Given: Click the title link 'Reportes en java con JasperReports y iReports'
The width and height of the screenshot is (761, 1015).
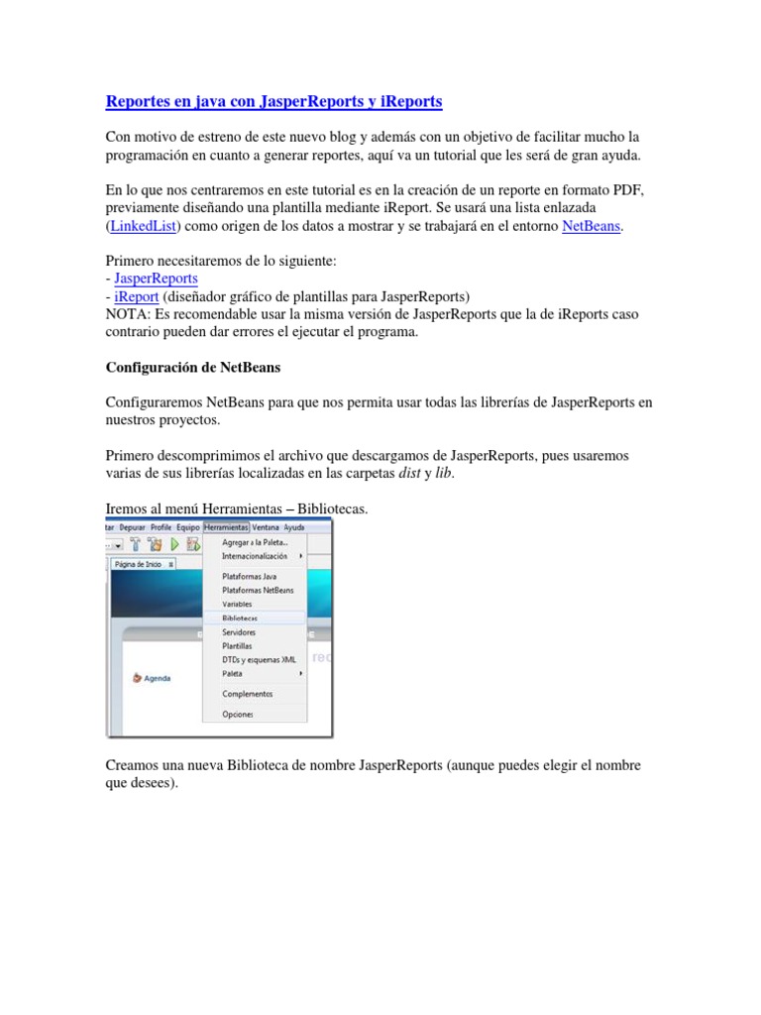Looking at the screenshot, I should [x=273, y=101].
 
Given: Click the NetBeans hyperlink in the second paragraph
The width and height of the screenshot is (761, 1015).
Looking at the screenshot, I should [x=591, y=226].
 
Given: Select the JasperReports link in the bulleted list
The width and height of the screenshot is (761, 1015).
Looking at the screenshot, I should [x=156, y=279].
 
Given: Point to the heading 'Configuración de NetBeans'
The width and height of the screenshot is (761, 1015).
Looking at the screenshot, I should [x=193, y=367].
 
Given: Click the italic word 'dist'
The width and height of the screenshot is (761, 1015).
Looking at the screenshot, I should [x=409, y=473].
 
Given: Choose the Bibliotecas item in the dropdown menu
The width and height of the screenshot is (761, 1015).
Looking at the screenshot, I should [x=240, y=618].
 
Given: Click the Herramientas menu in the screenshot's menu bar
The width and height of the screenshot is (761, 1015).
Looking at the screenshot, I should [x=226, y=527].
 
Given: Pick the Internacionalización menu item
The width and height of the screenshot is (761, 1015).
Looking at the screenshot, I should [x=256, y=556].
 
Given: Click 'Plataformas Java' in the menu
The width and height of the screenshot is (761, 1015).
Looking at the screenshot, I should [x=249, y=576].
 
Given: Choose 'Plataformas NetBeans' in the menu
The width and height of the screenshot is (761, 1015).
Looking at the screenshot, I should [x=258, y=590].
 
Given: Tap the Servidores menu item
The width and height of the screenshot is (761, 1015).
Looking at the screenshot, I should [x=239, y=631].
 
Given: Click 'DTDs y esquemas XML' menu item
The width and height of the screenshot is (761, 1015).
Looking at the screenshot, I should [x=259, y=659].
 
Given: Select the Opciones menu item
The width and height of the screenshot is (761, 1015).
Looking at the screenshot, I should [x=238, y=714].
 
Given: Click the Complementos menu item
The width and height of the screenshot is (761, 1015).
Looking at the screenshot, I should [x=247, y=694].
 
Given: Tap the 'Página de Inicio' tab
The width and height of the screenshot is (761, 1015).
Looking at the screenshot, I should [x=139, y=564].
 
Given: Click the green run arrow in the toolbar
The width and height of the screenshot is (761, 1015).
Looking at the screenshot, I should [x=174, y=544].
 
